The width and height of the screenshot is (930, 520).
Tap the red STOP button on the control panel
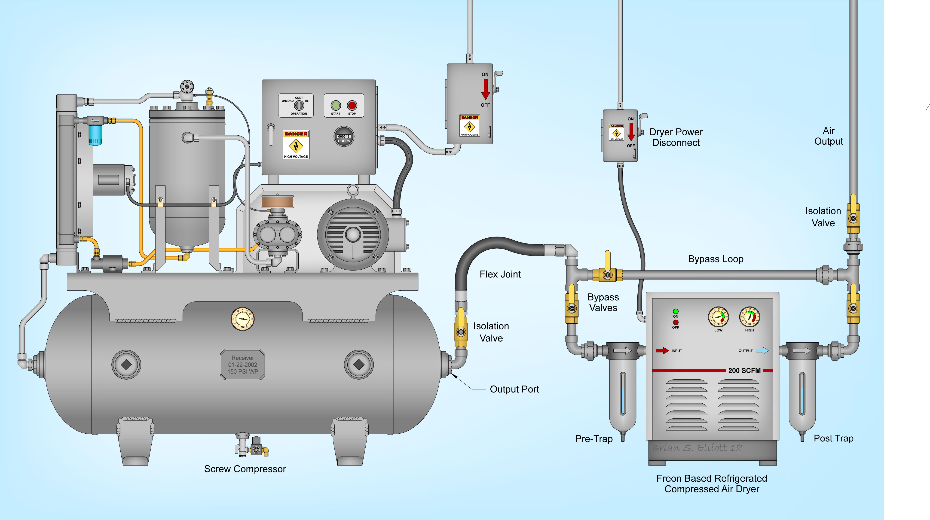click(352, 105)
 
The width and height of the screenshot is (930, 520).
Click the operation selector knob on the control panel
click(299, 105)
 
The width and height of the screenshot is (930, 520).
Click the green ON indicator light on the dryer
click(676, 311)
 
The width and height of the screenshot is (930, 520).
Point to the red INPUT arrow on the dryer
click(662, 350)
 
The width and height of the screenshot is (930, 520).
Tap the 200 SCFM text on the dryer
click(744, 371)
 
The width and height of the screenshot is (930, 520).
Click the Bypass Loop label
click(716, 259)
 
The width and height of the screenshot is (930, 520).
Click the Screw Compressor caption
click(245, 469)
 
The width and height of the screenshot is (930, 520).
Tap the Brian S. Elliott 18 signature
click(697, 448)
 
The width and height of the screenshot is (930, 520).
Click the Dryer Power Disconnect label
click(676, 137)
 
